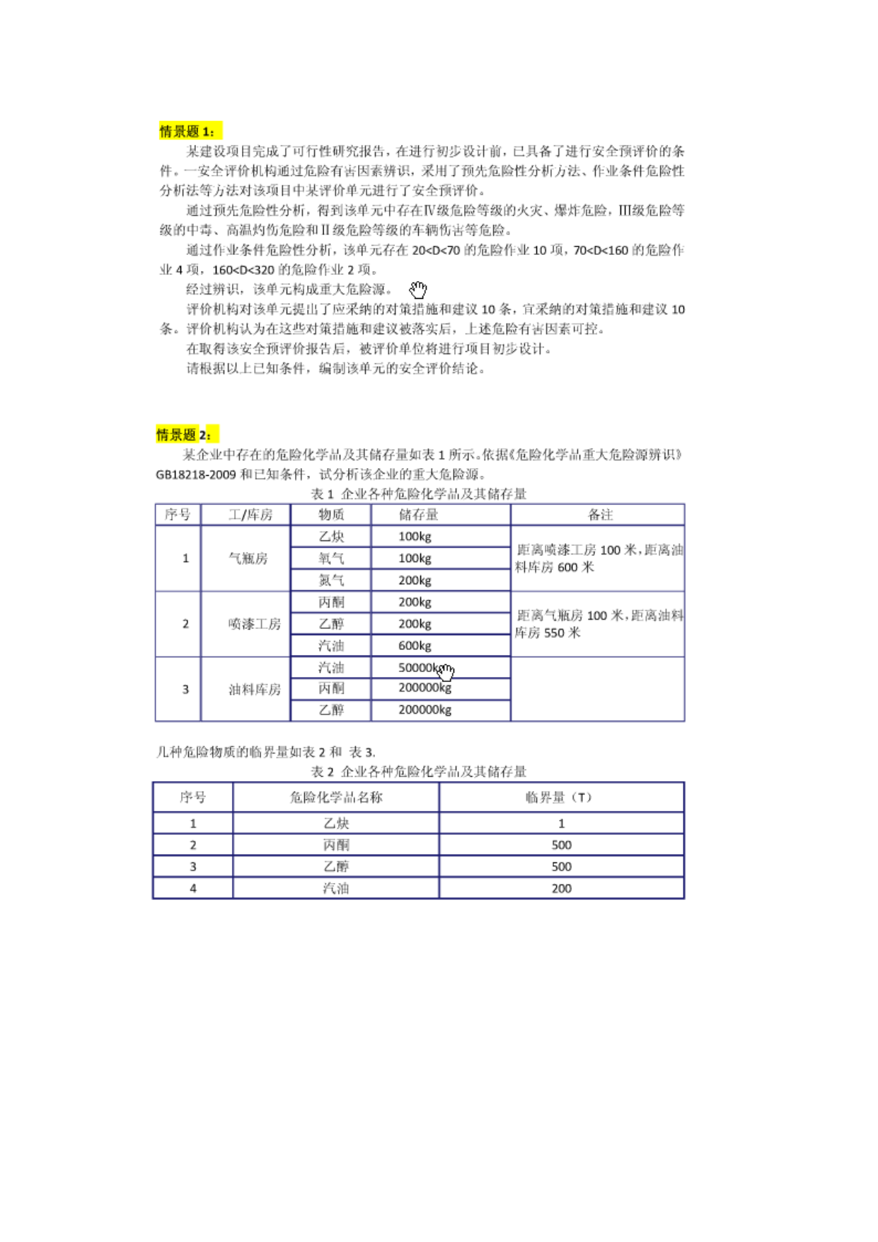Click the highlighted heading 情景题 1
click(187, 131)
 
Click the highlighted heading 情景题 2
click(184, 434)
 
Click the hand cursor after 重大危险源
click(418, 289)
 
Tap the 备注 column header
click(600, 515)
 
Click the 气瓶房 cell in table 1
click(247, 558)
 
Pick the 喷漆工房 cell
click(254, 624)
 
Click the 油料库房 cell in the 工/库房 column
click(254, 689)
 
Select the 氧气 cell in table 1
click(330, 558)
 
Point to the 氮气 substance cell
click(330, 580)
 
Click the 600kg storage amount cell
click(415, 645)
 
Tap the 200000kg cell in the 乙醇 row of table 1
click(424, 710)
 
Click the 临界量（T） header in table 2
click(560, 797)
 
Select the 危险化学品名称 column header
click(335, 797)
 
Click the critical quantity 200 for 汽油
click(561, 888)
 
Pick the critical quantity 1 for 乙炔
click(561, 823)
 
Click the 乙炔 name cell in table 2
click(336, 823)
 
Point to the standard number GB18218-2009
click(196, 474)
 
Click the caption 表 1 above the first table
click(322, 494)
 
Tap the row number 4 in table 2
click(192, 888)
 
